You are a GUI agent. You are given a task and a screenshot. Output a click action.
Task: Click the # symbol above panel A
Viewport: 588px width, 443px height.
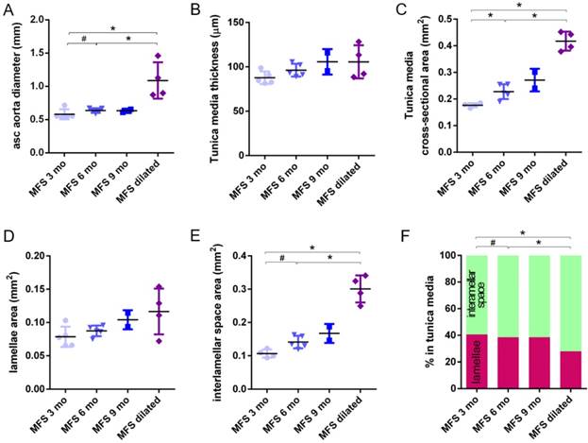click(84, 39)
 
